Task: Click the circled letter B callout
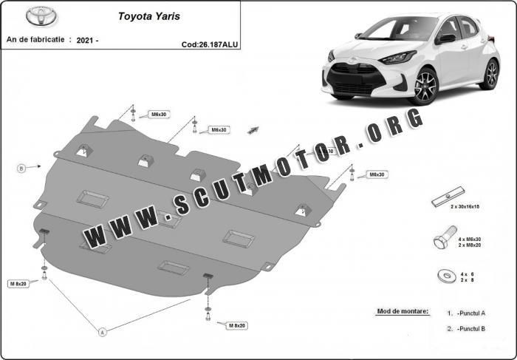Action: coord(21,169)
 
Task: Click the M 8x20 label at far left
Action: coord(18,283)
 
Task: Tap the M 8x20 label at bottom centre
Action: coord(236,326)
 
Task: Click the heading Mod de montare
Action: coord(402,311)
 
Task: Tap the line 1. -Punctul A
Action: coord(466,313)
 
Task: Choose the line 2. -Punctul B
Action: coord(466,328)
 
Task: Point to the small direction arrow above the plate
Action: coord(253,130)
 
